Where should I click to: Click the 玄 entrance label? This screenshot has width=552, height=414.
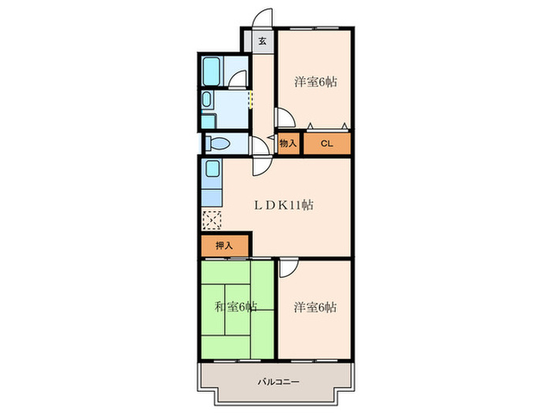263,41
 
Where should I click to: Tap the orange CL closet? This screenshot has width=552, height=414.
327,144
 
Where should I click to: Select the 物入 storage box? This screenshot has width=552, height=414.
289,144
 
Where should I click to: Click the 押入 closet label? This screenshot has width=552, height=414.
224,246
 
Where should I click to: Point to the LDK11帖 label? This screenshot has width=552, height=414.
284,204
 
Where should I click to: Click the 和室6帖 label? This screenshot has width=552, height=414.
236,307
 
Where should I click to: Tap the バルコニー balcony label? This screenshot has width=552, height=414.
278,382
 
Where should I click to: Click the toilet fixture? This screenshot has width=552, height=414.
218,144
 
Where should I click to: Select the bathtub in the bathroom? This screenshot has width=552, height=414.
211,72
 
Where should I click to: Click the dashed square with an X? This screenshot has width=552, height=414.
212,220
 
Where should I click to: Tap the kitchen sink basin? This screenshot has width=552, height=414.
212,169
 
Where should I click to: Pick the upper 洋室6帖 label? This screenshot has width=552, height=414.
315,82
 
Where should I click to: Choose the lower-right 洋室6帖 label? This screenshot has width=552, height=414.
315,307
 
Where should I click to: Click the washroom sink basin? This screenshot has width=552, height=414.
207,99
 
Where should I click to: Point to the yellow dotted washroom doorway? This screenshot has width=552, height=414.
250,99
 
